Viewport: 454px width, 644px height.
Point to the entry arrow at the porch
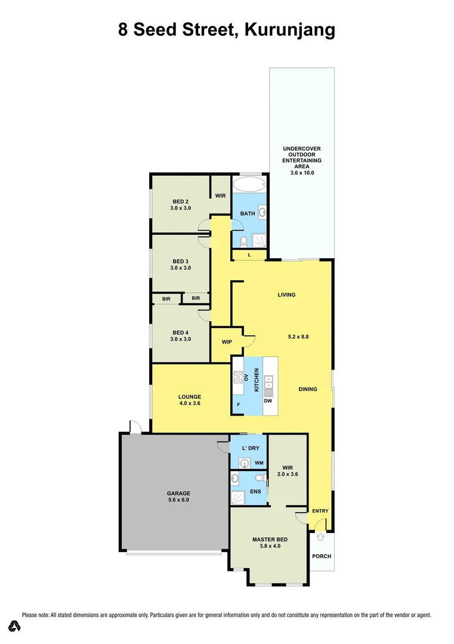[320, 537]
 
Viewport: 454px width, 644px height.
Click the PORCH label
[321, 556]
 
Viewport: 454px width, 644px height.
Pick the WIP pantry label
[227, 342]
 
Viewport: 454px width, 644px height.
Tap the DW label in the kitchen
[268, 401]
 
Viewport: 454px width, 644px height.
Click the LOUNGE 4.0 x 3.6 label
[190, 400]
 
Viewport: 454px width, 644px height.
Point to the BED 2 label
[180, 205]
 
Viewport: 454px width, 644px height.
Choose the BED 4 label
[180, 335]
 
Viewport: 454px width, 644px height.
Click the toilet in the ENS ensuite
[258, 478]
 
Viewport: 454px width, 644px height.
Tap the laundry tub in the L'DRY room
[243, 462]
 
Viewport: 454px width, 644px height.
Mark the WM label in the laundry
[259, 463]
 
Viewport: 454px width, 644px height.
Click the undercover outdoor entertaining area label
[302, 160]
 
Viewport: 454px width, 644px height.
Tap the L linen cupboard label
[249, 255]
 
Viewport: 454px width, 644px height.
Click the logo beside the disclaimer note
[14, 626]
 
